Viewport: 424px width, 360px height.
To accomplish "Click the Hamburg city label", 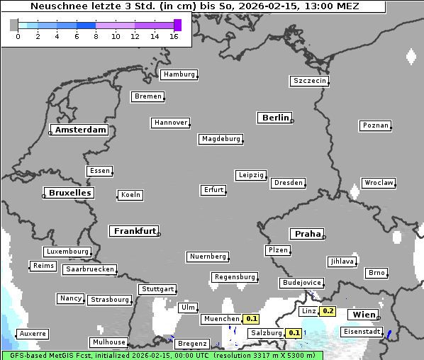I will pyautogui.click(x=179, y=74).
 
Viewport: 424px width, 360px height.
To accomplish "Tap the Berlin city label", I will pyautogui.click(x=275, y=118).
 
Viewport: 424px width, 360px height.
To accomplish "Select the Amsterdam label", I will pyautogui.click(x=80, y=130).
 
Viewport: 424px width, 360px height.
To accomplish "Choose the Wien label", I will pyautogui.click(x=363, y=314).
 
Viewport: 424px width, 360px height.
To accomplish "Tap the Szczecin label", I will pyautogui.click(x=310, y=81).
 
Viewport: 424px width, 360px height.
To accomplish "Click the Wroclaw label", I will pyautogui.click(x=379, y=183).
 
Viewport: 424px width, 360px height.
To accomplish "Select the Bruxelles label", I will pyautogui.click(x=69, y=193).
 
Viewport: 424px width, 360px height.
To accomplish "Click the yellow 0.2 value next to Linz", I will pyautogui.click(x=328, y=311).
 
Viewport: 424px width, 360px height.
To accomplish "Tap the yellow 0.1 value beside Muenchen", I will pyautogui.click(x=252, y=319).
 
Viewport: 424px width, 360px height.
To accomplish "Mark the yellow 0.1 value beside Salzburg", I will pyautogui.click(x=294, y=332).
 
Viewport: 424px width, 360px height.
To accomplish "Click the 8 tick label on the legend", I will pyautogui.click(x=96, y=36).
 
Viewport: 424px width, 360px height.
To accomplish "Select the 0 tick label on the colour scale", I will pyautogui.click(x=18, y=36).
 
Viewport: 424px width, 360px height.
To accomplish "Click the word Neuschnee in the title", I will pyautogui.click(x=59, y=6).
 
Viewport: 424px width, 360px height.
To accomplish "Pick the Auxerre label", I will pyautogui.click(x=33, y=333).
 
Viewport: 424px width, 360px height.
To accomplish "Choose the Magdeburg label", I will pyautogui.click(x=221, y=139).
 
